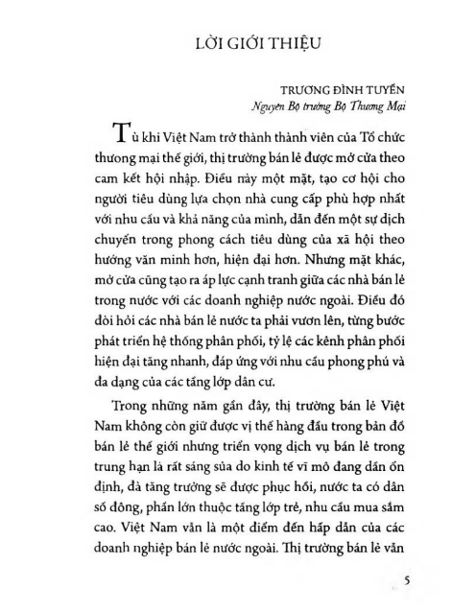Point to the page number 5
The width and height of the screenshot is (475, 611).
[408, 579]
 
